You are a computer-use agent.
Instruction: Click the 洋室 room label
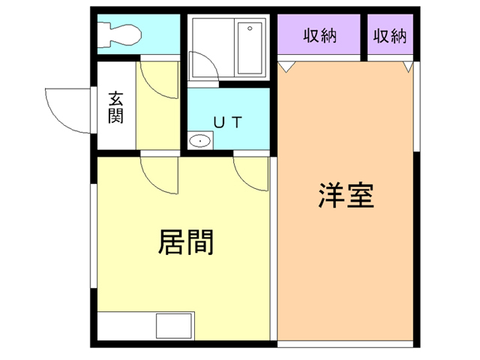tap(346, 196)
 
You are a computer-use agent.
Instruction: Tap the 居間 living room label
tap(185, 241)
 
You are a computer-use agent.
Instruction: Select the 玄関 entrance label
tap(116, 106)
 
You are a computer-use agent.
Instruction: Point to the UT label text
tap(226, 122)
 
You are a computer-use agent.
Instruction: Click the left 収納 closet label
tap(319, 35)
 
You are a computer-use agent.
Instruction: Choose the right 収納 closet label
tap(389, 35)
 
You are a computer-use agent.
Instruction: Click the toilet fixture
tap(120, 33)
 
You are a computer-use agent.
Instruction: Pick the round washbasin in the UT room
tap(199, 141)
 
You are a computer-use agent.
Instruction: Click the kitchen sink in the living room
tap(174, 326)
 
